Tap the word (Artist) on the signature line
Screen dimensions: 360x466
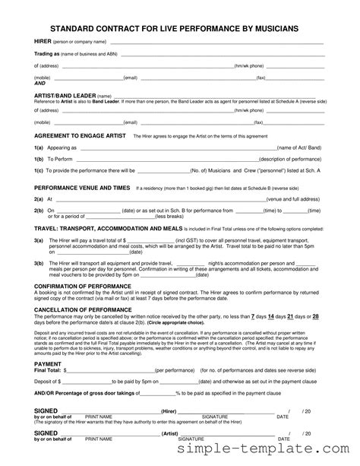point(170,434)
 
